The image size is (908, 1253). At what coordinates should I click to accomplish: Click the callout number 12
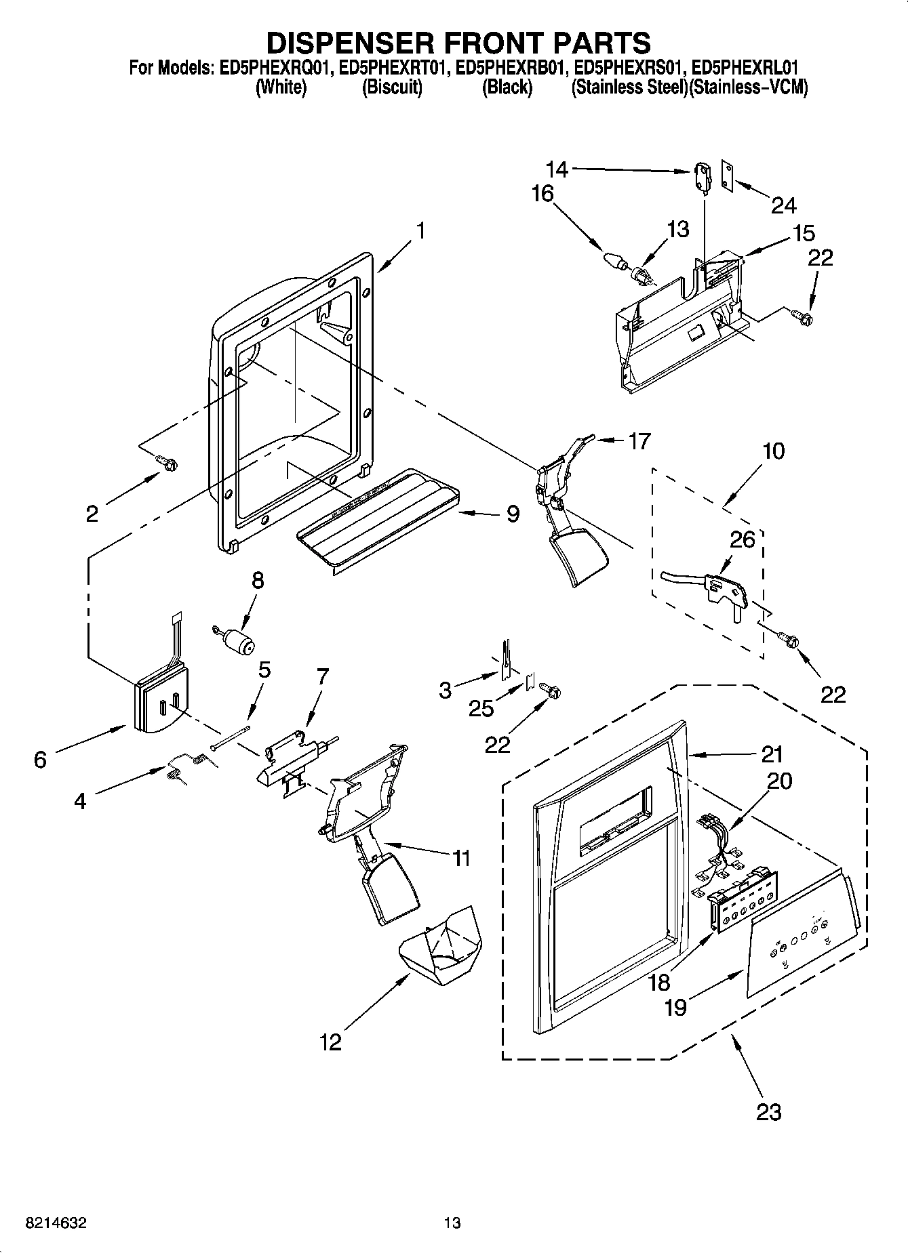click(330, 1042)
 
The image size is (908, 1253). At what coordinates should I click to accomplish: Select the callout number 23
click(768, 1111)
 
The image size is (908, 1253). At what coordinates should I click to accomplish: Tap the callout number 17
click(639, 441)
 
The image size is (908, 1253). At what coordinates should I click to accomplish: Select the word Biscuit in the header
click(392, 87)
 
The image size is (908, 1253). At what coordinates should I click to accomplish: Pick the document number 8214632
click(56, 1223)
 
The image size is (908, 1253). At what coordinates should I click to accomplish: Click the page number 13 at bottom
click(452, 1223)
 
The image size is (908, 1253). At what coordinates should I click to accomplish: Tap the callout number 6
click(40, 760)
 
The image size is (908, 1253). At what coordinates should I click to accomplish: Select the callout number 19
click(675, 1007)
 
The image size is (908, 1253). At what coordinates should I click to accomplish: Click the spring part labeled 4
click(188, 764)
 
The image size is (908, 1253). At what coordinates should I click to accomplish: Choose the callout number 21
click(772, 754)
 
